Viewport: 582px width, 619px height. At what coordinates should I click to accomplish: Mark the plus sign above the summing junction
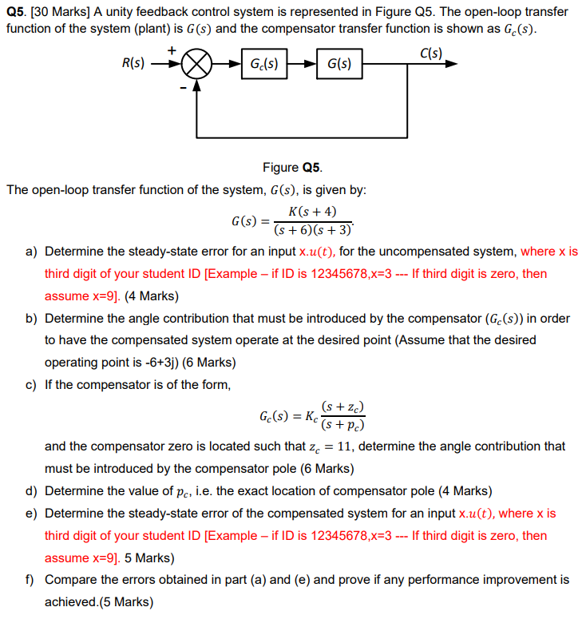point(172,50)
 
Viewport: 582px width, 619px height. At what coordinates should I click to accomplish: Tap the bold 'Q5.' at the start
point(16,12)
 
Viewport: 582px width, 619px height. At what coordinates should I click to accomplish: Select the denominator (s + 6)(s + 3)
point(312,230)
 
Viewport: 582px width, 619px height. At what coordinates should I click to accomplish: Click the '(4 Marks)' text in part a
point(152,296)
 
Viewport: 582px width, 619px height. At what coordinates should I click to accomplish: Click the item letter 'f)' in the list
point(31,579)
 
